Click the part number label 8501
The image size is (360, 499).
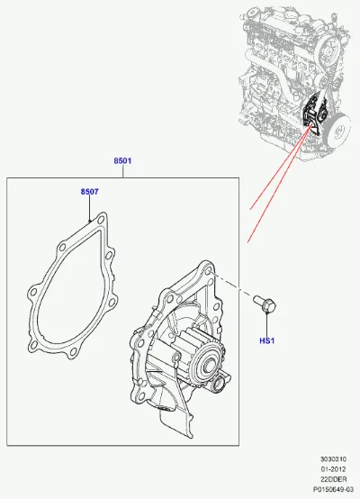point(122,160)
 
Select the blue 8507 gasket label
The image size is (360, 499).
point(89,192)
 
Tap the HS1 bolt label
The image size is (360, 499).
point(266,340)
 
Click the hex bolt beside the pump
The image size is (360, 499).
point(265,304)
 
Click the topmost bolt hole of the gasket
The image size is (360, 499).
point(101,220)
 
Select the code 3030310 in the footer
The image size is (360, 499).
point(333,458)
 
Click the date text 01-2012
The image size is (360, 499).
point(333,469)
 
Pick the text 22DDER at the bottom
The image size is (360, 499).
point(334,479)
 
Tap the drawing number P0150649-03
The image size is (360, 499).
point(333,489)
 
